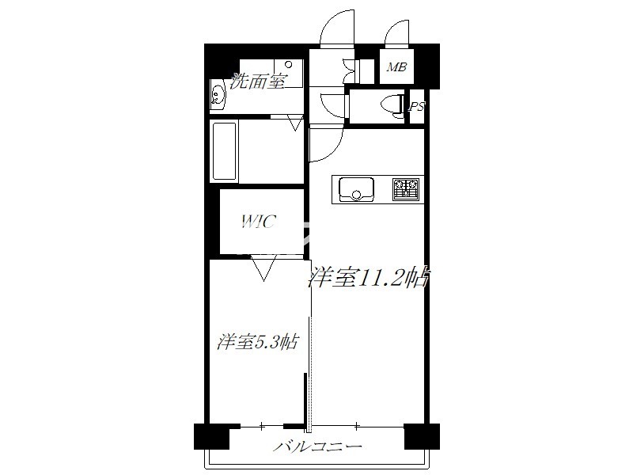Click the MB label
pyautogui.click(x=396, y=67)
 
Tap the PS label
pyautogui.click(x=417, y=107)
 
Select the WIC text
pyautogui.click(x=259, y=222)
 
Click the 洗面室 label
pyautogui.click(x=258, y=82)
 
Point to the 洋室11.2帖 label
pyautogui.click(x=368, y=278)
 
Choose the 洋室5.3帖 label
pyautogui.click(x=258, y=342)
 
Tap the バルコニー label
pyautogui.click(x=317, y=446)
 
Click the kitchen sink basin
pyautogui.click(x=356, y=189)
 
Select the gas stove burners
pyautogui.click(x=406, y=189)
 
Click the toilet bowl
pyautogui.click(x=390, y=106)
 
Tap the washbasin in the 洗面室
pyautogui.click(x=218, y=95)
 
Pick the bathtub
pyautogui.click(x=224, y=151)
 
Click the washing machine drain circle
pyautogui.click(x=288, y=65)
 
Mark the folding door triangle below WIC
pyautogui.click(x=263, y=268)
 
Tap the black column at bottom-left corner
pyautogui.click(x=211, y=436)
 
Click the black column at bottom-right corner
pyautogui.click(x=422, y=436)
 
